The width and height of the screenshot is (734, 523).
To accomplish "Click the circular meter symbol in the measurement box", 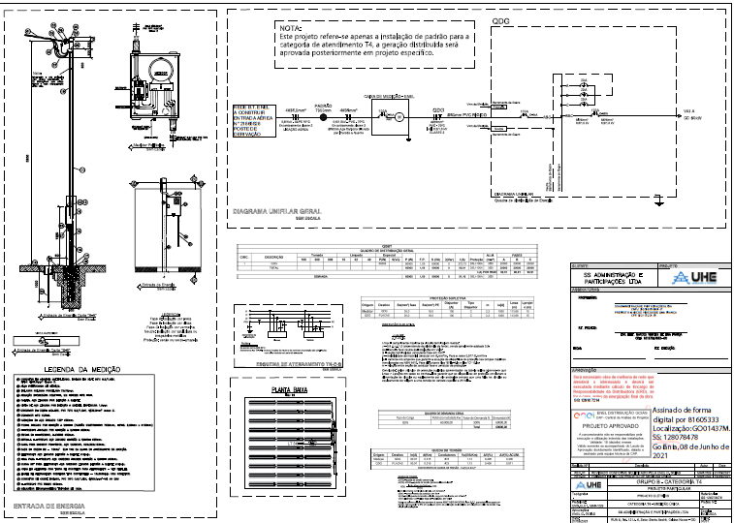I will tap(397, 116).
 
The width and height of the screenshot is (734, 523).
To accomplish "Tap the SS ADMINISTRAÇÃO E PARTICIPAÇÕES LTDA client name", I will tap(617, 277).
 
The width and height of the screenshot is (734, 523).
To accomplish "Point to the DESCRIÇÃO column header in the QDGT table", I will tap(271, 256).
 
